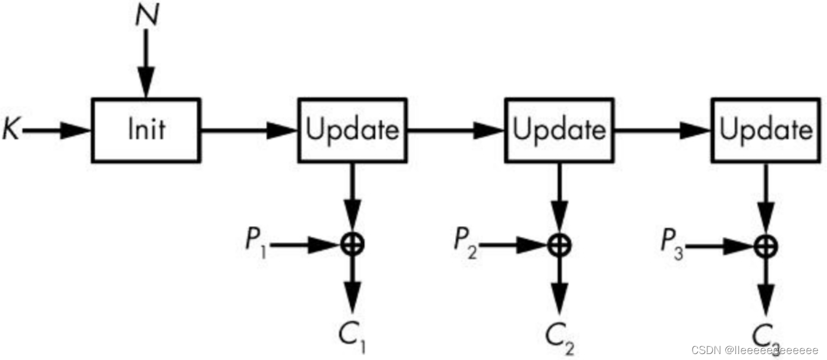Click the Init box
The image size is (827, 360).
(146, 130)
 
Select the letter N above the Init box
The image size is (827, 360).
(146, 16)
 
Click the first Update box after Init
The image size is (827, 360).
(352, 130)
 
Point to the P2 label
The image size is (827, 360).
(465, 240)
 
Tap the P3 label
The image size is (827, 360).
(672, 242)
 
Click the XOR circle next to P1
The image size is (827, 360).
(353, 243)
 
